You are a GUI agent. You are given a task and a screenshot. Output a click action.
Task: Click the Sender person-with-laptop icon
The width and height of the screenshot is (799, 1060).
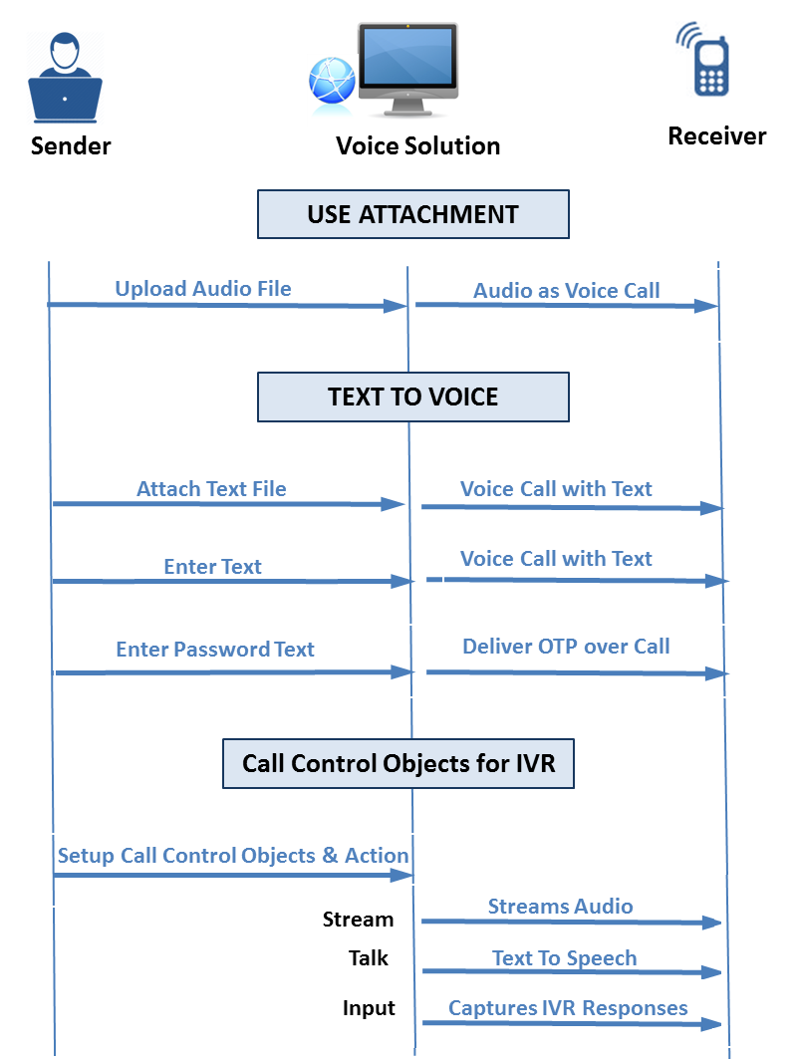(x=65, y=78)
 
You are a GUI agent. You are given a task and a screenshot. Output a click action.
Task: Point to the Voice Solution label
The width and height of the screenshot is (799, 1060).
(x=417, y=146)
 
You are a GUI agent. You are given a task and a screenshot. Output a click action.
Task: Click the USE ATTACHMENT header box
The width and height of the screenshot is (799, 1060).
(x=412, y=214)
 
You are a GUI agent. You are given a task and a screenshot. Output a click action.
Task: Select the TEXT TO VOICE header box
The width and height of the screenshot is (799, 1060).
(x=412, y=397)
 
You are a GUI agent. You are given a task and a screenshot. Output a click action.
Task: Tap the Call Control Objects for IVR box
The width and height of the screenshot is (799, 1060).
(x=399, y=763)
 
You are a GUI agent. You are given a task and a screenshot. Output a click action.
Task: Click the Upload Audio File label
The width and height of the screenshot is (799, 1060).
(x=203, y=289)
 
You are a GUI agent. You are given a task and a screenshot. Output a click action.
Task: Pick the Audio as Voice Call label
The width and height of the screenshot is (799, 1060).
(x=566, y=291)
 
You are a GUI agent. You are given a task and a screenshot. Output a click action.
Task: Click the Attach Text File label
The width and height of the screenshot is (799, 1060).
(x=211, y=489)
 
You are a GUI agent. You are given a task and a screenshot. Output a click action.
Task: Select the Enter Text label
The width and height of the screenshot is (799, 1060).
(x=212, y=567)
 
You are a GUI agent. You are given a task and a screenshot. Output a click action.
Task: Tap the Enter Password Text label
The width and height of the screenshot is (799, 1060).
(x=214, y=650)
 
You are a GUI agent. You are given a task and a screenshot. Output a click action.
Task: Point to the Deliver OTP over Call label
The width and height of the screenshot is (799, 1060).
(x=566, y=646)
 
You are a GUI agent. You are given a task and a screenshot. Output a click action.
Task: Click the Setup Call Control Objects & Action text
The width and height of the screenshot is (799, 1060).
(x=233, y=856)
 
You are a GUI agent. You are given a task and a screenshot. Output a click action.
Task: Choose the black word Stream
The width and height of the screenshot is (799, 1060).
(x=358, y=920)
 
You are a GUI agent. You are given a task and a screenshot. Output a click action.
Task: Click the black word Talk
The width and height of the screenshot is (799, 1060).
(x=368, y=958)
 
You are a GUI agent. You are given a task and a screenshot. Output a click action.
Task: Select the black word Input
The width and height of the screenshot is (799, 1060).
(x=369, y=1008)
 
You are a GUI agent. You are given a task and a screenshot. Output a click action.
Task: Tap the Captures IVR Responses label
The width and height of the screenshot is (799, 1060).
(x=568, y=1008)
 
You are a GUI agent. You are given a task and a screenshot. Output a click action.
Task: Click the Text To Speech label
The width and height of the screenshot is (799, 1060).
(x=564, y=958)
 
